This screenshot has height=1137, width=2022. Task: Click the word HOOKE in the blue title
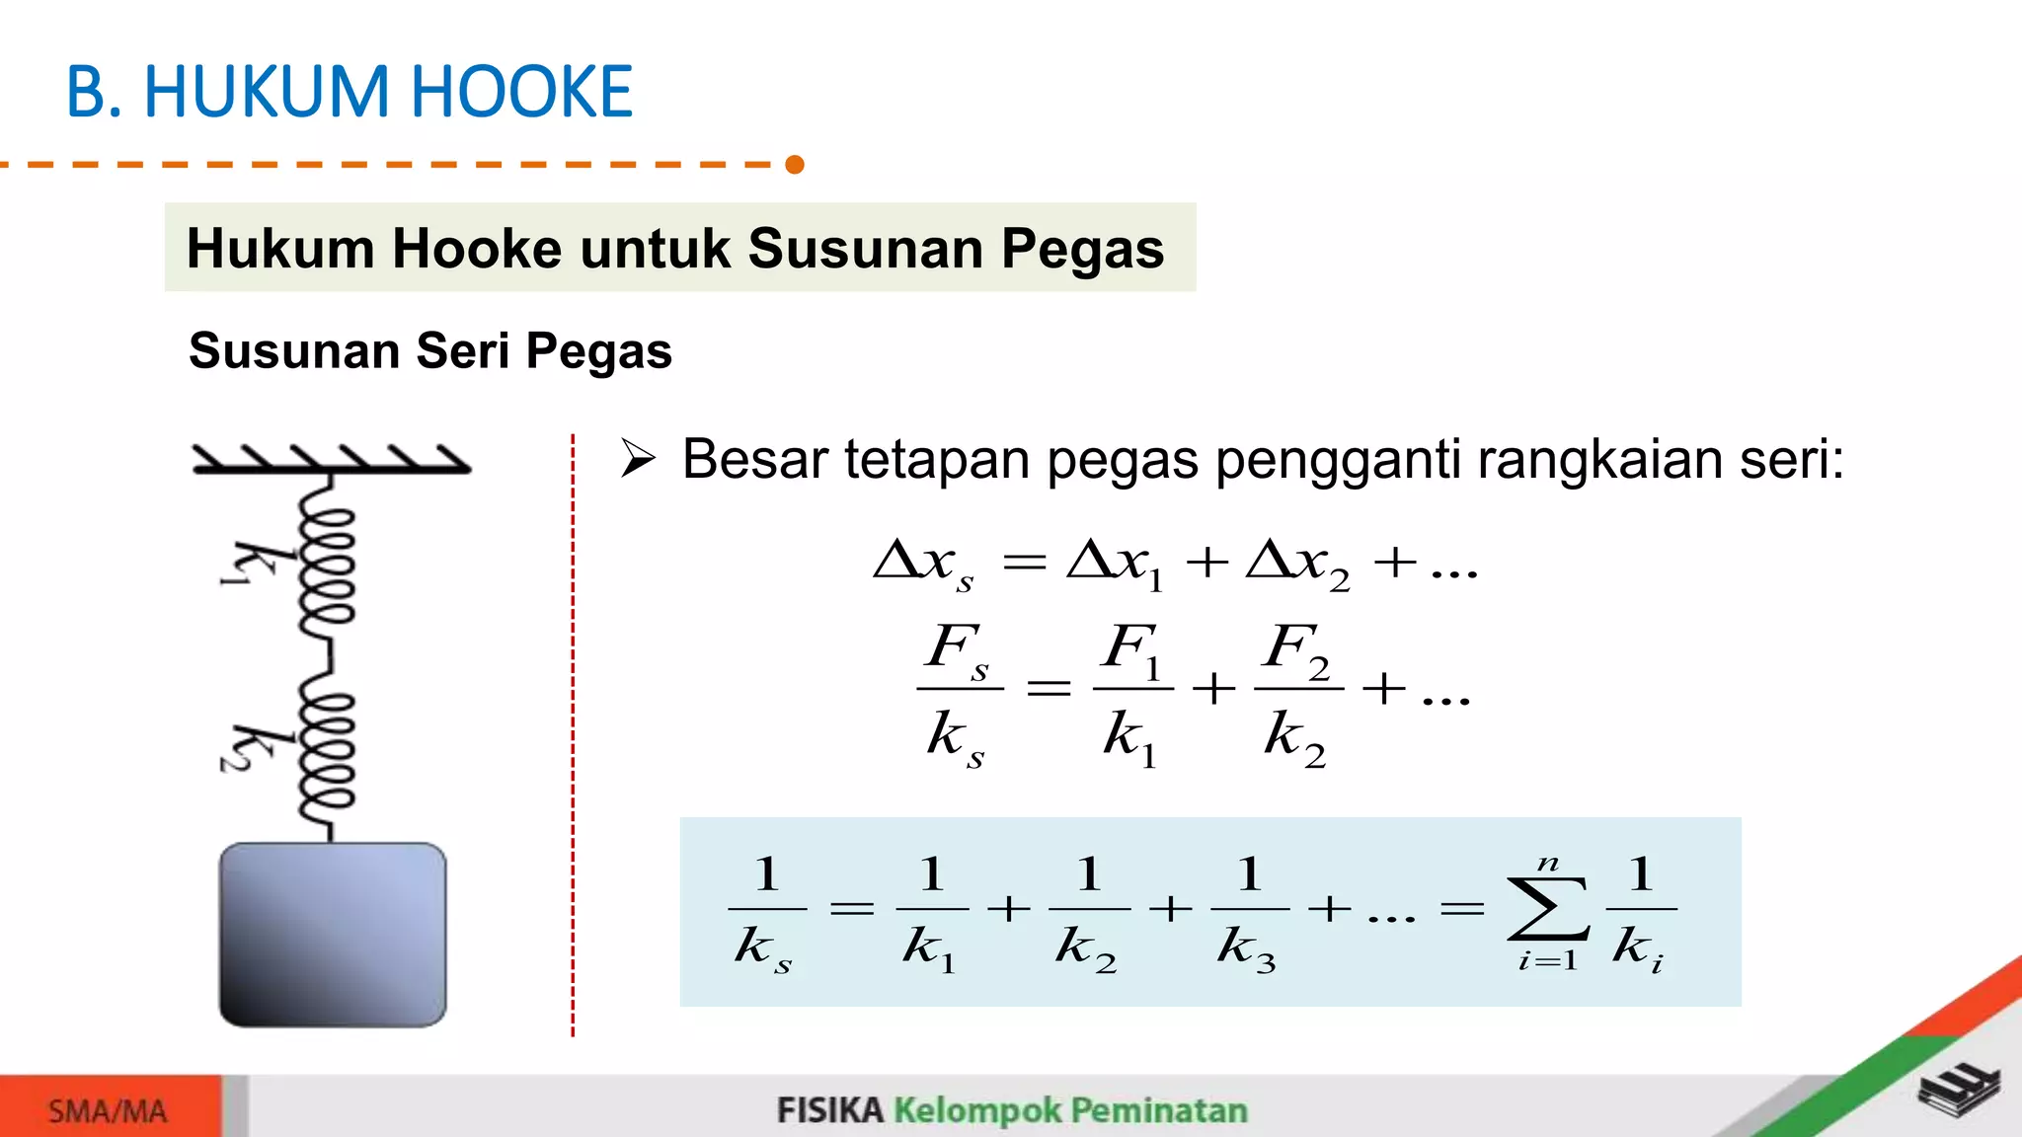click(x=520, y=92)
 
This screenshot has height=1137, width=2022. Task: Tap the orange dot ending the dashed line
click(x=795, y=164)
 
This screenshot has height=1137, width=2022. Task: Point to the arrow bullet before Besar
click(x=638, y=459)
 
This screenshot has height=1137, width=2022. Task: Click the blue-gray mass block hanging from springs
click(x=333, y=935)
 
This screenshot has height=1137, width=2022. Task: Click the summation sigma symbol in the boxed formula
click(x=1547, y=910)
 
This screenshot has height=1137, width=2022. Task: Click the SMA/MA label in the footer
click(x=108, y=1111)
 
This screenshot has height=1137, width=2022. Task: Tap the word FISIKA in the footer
click(x=829, y=1110)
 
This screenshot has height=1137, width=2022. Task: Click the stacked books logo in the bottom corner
click(x=1959, y=1091)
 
